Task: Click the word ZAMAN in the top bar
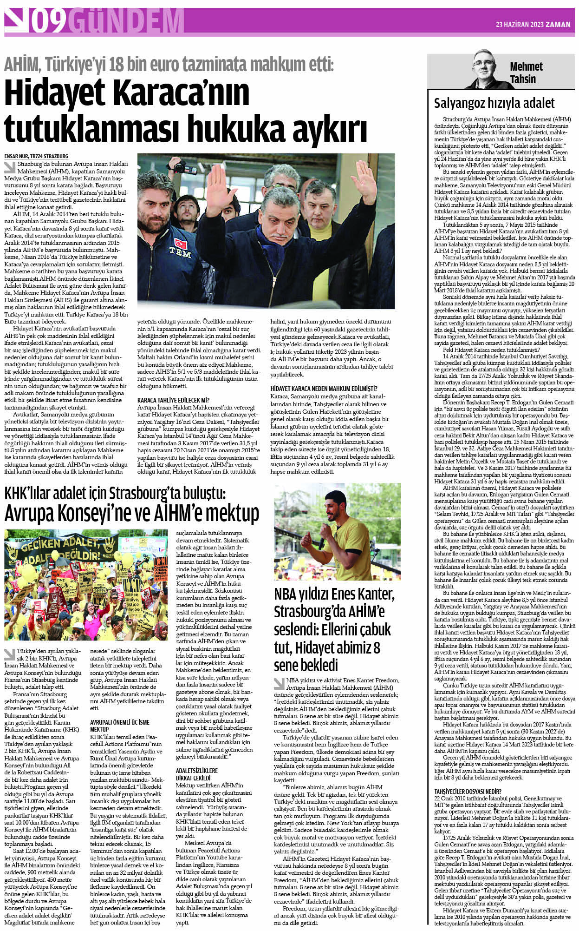[x=558, y=25]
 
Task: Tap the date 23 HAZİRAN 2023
[x=519, y=25]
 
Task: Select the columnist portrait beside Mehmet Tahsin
[x=486, y=70]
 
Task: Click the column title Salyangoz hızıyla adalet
[x=494, y=103]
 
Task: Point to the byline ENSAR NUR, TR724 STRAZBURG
[x=36, y=156]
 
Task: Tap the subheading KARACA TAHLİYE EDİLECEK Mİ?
[x=173, y=400]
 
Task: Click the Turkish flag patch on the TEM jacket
[x=180, y=243]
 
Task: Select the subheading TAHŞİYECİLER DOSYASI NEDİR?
[x=468, y=791]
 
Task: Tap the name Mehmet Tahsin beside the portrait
[x=526, y=73]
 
